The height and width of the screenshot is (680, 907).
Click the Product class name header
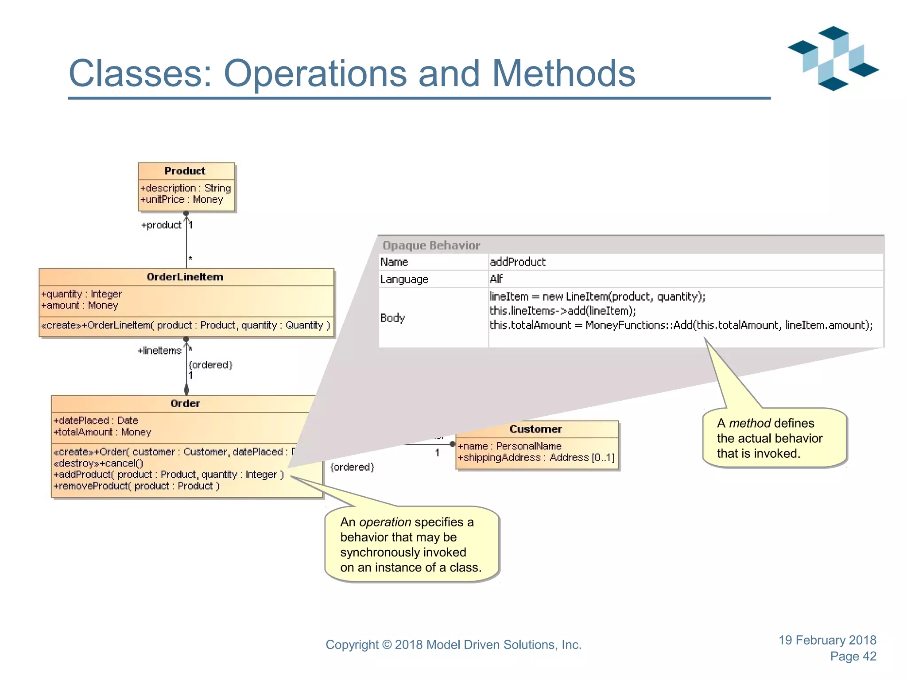185,171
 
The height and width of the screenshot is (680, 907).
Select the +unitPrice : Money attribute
182,200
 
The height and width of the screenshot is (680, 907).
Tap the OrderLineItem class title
185,277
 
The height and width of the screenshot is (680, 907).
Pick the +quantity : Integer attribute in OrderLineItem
81,294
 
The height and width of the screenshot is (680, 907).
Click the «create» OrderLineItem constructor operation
186,325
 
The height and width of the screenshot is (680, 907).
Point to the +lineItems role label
159,351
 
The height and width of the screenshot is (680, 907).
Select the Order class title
185,404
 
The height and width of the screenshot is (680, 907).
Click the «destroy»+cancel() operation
98,464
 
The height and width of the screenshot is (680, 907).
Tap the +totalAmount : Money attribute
102,432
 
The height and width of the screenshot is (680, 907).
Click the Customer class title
535,429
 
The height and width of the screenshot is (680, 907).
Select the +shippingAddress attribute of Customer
536,458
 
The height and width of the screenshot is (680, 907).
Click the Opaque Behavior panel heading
431,246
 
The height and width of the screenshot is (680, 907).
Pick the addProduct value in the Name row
518,262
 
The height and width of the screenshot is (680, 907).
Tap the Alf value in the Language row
496,279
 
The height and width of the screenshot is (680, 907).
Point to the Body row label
392,318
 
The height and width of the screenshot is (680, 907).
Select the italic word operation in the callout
385,522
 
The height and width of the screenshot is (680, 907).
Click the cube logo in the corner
833,58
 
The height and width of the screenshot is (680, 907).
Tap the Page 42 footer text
853,657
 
